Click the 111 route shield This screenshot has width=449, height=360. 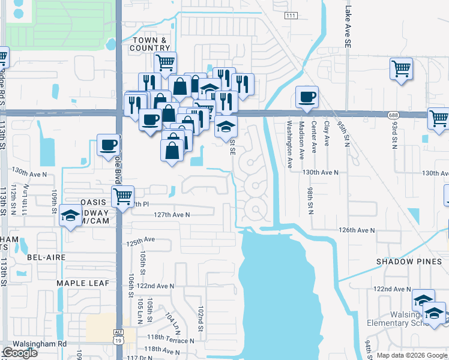[x=291, y=16]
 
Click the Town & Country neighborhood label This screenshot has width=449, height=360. [x=150, y=44]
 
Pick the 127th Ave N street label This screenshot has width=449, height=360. [x=172, y=214]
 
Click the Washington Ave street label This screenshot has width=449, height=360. [x=289, y=143]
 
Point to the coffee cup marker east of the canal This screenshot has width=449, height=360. [x=307, y=97]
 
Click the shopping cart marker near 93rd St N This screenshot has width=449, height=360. [x=400, y=68]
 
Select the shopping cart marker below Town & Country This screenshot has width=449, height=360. [x=164, y=61]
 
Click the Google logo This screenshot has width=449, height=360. [x=20, y=353]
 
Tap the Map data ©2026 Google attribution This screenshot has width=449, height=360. [x=412, y=355]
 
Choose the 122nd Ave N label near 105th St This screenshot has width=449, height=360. [x=155, y=286]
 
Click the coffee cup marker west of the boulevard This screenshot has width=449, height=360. [x=109, y=146]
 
